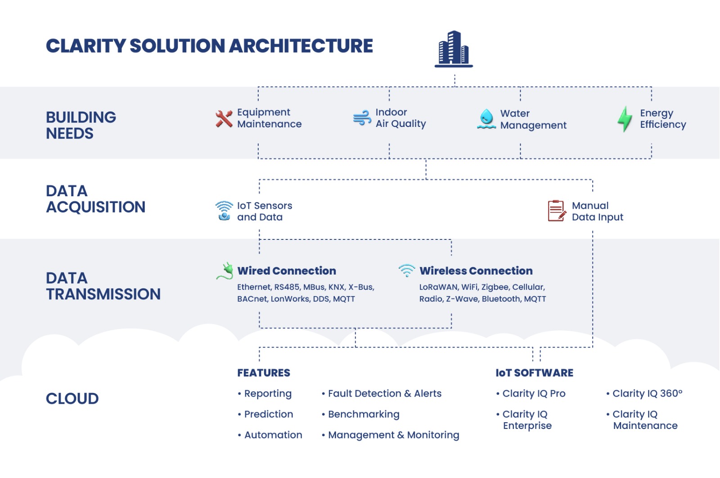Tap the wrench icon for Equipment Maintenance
[224, 118]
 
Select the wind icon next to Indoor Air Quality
[362, 118]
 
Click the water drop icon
[486, 119]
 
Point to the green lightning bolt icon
[625, 119]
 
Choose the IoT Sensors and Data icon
[224, 211]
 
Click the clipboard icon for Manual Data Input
[557, 211]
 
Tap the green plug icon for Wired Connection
[225, 271]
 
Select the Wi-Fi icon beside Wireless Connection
[407, 271]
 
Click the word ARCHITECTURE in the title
[301, 46]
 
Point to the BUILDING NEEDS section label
[81, 125]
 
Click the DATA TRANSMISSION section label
[103, 286]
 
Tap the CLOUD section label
[72, 398]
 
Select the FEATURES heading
[264, 373]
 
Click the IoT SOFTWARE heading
[534, 373]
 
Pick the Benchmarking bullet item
[363, 414]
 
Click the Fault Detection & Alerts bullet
[384, 393]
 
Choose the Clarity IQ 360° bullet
[647, 393]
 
